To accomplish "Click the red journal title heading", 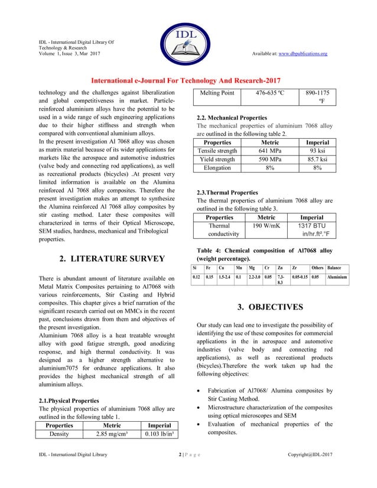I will click(185, 80).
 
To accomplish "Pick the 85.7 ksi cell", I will click(321, 160).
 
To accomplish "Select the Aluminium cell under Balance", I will click(337, 276).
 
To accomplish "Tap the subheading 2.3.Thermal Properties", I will click(227, 193).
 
